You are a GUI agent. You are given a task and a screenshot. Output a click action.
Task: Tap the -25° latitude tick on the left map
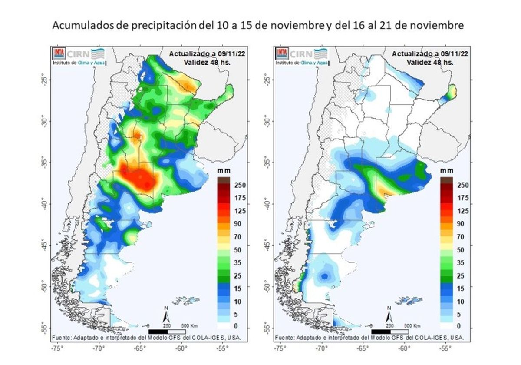click(43, 80)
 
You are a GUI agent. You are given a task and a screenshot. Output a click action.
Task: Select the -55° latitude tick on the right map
click(266, 327)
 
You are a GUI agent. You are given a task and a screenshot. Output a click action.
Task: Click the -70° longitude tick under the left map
click(99, 348)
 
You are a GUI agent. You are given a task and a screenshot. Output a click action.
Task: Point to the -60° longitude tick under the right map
click(404, 348)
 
